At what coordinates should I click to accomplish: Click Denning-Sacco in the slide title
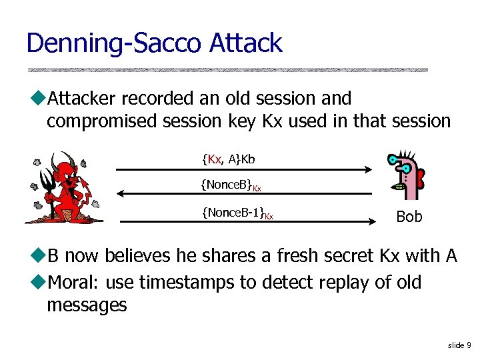click(x=113, y=43)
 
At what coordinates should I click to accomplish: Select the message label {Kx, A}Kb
click(x=228, y=159)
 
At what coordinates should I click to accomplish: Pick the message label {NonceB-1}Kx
click(x=237, y=213)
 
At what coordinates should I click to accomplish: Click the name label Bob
click(x=409, y=217)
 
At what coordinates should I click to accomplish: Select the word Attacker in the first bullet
click(x=81, y=99)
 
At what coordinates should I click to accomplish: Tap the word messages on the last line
click(x=87, y=305)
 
